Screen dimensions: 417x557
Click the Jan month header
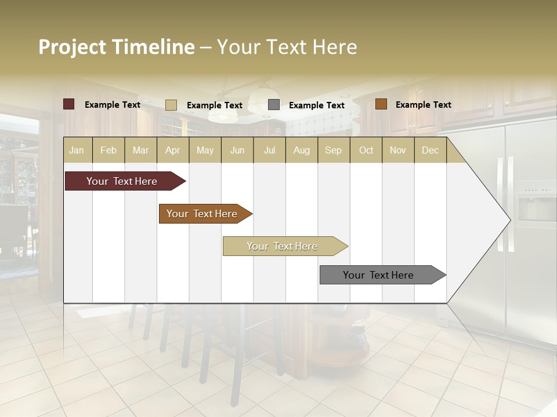point(77,151)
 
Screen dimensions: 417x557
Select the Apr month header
point(172,151)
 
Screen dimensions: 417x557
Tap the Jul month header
point(269,151)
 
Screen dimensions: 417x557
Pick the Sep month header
point(333,151)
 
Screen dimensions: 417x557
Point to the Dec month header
point(430,151)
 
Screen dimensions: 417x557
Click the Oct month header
point(366,151)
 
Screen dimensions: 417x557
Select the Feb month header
point(108,151)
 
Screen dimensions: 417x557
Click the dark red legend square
point(69,104)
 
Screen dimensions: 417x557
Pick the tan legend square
point(171,105)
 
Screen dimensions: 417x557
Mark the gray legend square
point(274,105)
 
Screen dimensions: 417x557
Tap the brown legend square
point(381,104)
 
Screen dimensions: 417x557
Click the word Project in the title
point(72,47)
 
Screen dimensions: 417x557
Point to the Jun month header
point(237,151)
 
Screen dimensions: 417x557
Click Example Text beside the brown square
point(423,105)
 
